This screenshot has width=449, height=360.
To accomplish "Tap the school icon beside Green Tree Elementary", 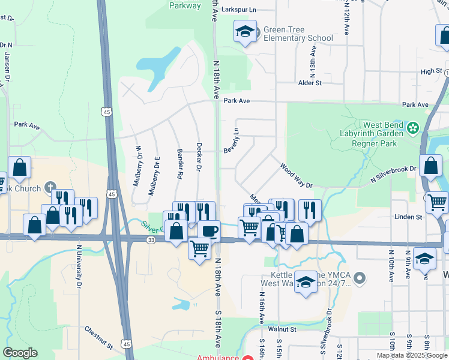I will tap(245, 32).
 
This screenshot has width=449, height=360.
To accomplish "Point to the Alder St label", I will tap(310, 83).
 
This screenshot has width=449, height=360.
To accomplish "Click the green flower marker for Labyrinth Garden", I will tap(413, 128).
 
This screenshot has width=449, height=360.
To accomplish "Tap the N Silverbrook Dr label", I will tap(393, 174).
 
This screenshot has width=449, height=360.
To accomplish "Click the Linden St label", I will tap(408, 217).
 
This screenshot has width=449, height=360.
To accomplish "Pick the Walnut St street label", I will tap(282, 329).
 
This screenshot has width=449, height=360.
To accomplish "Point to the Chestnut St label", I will tap(98, 338).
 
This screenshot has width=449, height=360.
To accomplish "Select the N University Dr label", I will tap(79, 266).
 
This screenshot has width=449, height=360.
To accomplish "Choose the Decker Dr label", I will tap(198, 157).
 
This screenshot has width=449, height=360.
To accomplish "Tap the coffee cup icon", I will tap(209, 230).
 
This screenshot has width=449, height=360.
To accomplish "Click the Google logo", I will tap(20, 353).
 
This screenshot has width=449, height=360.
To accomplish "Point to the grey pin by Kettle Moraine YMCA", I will tap(360, 278).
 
